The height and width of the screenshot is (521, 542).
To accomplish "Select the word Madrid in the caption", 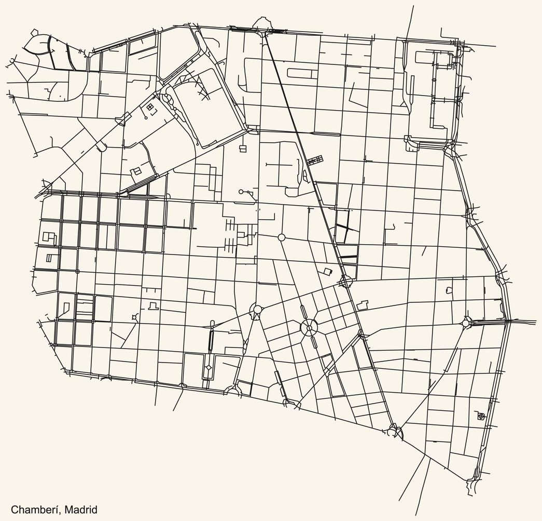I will click(81, 510).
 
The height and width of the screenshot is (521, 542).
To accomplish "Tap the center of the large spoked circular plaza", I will click(309, 328).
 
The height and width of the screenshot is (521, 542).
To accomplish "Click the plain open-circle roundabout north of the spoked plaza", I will click(282, 237).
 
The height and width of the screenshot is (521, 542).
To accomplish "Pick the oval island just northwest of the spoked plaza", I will click(303, 312).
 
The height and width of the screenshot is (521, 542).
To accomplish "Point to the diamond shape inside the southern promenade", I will click(209, 368).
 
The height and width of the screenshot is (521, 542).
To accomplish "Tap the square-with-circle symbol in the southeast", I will click(481, 416).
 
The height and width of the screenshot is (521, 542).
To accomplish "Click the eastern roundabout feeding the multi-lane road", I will click(465, 323).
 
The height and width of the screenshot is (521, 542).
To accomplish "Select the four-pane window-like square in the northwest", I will click(150, 107).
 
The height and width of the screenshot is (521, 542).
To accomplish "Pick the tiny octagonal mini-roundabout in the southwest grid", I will click(135, 317).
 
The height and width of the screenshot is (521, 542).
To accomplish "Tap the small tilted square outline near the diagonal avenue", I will click(327, 271).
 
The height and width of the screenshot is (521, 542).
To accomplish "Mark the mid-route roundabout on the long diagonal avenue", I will click(344, 282).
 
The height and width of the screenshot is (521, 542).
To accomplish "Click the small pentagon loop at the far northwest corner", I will click(11, 61).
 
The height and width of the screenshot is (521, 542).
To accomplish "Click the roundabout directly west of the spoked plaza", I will click(257, 310).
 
